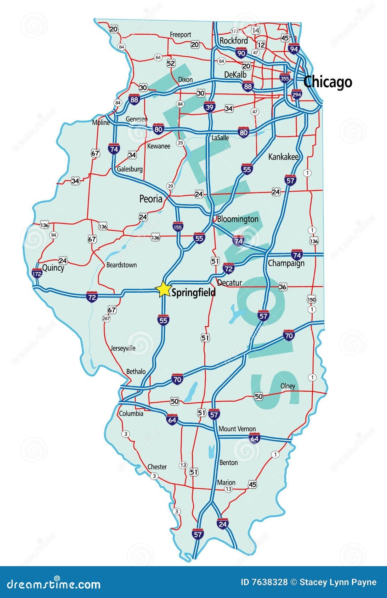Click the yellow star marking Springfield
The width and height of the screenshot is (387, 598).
click(x=164, y=289)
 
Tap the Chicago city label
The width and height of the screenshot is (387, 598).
click(x=328, y=82)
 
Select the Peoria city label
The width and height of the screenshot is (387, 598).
click(x=151, y=199)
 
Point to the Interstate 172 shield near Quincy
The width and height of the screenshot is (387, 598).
click(x=37, y=274)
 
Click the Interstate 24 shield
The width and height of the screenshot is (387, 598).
click(x=222, y=524)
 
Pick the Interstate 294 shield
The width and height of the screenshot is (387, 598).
click(x=297, y=94)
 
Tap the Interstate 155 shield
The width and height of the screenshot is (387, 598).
click(x=178, y=226)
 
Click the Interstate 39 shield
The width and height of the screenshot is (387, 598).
click(x=209, y=107)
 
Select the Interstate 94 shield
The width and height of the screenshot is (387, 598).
click(x=294, y=48)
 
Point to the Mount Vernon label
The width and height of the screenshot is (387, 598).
click(x=237, y=429)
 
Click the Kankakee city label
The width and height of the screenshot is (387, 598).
click(x=283, y=157)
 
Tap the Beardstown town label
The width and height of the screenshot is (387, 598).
click(x=121, y=265)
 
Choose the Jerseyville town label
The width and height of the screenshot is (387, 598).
click(x=123, y=348)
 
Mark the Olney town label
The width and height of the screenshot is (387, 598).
click(x=288, y=386)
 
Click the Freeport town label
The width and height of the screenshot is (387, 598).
click(x=180, y=35)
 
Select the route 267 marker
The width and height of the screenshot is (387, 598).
click(x=106, y=318)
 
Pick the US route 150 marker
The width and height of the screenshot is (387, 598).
click(x=312, y=300)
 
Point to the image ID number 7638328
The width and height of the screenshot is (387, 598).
click(x=264, y=582)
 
